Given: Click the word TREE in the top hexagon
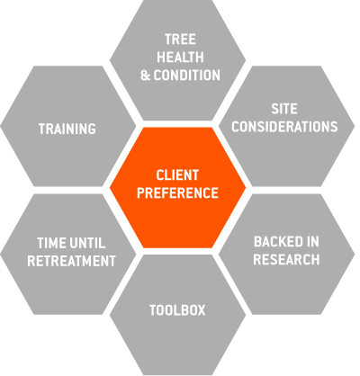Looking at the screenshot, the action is pyautogui.click(x=180, y=40).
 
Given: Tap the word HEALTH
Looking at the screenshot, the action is pyautogui.click(x=180, y=58).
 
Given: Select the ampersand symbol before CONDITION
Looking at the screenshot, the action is pyautogui.click(x=145, y=76).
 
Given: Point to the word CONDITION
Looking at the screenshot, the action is pyautogui.click(x=187, y=76).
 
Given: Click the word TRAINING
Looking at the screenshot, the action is pyautogui.click(x=67, y=129).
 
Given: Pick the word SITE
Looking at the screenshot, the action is pyautogui.click(x=284, y=109).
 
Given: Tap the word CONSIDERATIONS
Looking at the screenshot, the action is pyautogui.click(x=284, y=127).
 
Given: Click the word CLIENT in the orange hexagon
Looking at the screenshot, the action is pyautogui.click(x=177, y=175).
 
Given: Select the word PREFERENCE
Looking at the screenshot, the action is pyautogui.click(x=177, y=192).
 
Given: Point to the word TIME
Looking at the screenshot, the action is pyautogui.click(x=50, y=243).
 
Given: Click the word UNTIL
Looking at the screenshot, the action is pyautogui.click(x=87, y=243).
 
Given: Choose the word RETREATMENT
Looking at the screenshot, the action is pyautogui.click(x=71, y=261).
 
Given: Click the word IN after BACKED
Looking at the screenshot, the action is pyautogui.click(x=313, y=242).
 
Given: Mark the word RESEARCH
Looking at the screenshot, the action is pyautogui.click(x=286, y=260).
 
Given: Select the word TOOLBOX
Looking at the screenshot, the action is pyautogui.click(x=177, y=310).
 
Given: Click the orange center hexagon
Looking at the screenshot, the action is pyautogui.click(x=177, y=188).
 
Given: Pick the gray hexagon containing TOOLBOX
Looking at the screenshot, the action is pyautogui.click(x=177, y=315).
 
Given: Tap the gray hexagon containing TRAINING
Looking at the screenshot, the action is pyautogui.click(x=68, y=126).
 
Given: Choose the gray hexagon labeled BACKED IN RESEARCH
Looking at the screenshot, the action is pyautogui.click(x=287, y=255).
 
